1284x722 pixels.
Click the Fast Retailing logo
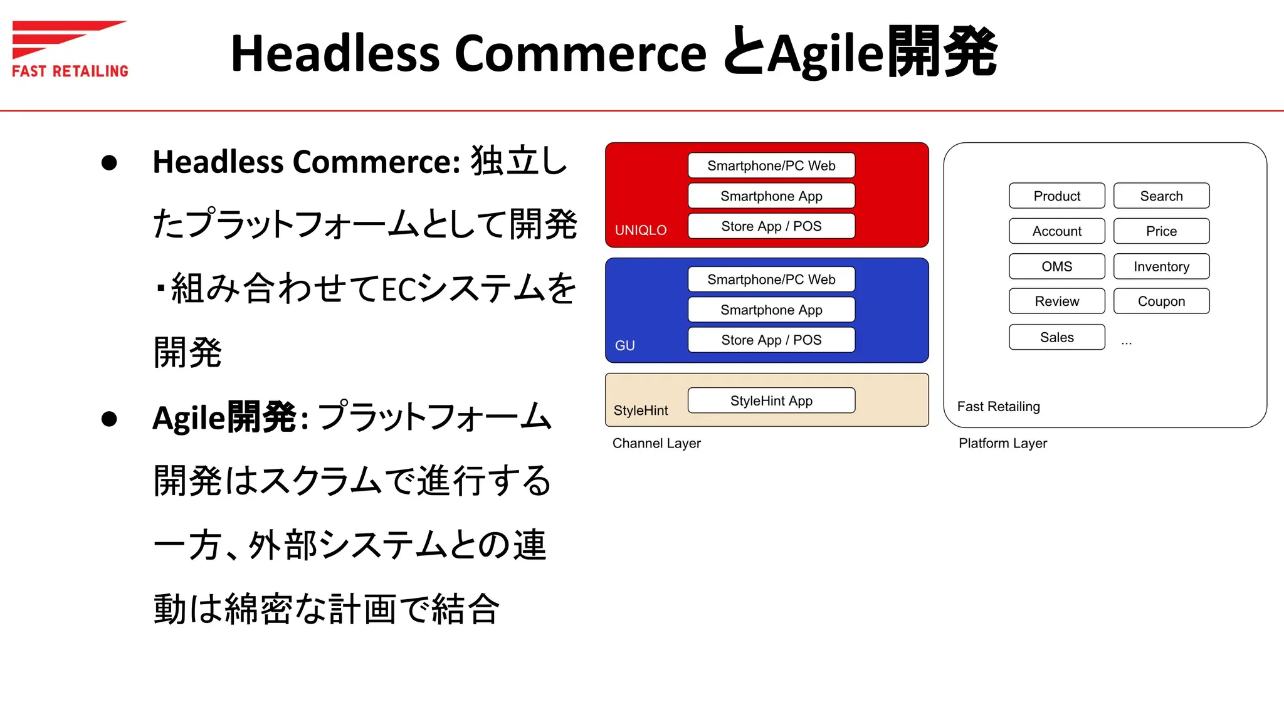69,49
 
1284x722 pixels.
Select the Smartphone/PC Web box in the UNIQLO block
771,165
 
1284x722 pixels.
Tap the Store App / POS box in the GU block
771,340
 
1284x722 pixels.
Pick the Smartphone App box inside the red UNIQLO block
771,196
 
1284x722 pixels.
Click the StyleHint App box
771,400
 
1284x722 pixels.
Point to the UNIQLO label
640,230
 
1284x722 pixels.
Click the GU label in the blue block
624,345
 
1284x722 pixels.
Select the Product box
1056,196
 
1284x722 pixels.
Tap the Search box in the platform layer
1161,196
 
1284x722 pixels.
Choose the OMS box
1056,266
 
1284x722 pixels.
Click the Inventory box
1161,266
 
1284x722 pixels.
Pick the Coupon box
1161,301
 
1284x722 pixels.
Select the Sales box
1056,337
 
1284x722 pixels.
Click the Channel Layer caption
656,443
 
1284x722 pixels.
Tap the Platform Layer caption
1002,443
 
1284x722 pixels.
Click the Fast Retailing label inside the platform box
998,406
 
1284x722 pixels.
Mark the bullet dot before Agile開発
109,419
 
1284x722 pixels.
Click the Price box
1161,231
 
